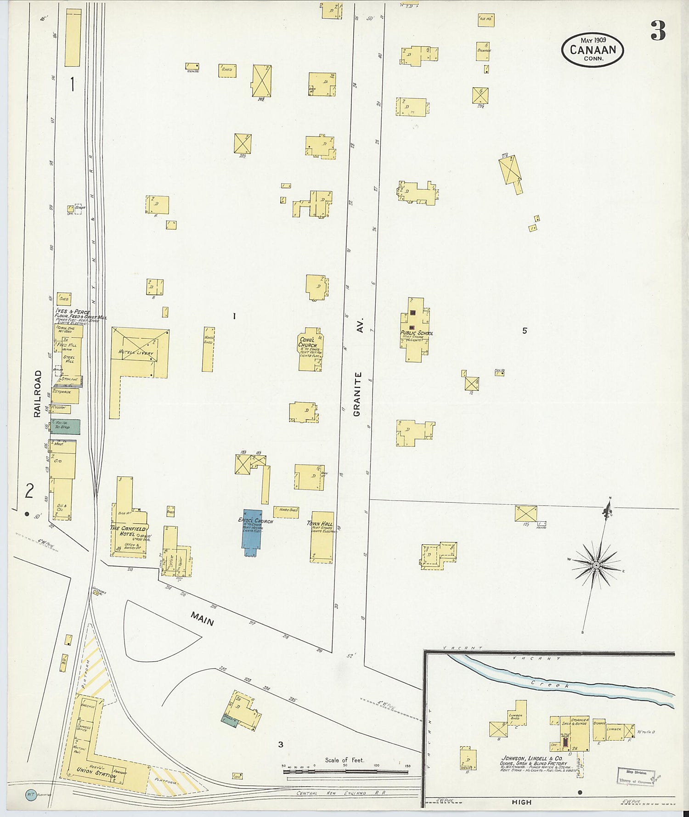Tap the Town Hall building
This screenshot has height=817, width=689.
pos(321,537)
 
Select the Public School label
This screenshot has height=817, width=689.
pos(417,333)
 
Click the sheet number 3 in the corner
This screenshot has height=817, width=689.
pos(658,31)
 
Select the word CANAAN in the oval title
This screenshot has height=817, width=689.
pos(592,49)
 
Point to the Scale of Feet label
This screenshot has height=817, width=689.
pos(344,760)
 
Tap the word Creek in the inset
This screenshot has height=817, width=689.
pos(551,684)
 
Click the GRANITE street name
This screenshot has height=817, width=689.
pos(358,394)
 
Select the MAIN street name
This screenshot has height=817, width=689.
pos(203,621)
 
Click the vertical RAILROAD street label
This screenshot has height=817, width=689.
pos(38,394)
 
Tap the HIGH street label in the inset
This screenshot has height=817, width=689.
pos(521,802)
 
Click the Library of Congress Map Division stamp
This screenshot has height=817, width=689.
pos(636,776)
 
